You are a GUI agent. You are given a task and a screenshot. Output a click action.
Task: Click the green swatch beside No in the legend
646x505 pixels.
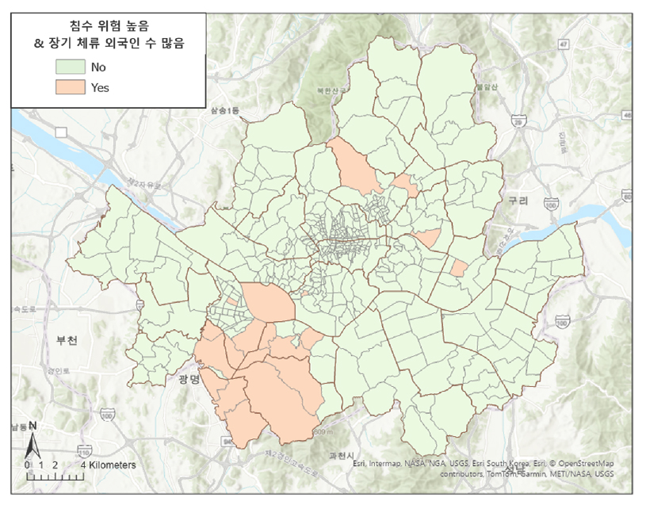click(72, 67)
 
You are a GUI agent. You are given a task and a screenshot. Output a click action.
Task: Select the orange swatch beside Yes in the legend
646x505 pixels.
click(72, 87)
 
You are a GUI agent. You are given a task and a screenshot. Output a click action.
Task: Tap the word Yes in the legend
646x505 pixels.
click(100, 87)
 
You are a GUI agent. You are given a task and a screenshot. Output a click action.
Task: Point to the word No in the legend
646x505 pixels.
click(98, 67)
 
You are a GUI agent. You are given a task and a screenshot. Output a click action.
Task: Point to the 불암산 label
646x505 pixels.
click(486, 86)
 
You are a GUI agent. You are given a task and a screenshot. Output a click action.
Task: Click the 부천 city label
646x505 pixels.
click(67, 340)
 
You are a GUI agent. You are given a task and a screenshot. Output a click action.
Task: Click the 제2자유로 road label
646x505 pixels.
click(147, 185)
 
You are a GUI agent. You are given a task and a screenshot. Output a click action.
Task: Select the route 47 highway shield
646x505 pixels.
click(564, 44)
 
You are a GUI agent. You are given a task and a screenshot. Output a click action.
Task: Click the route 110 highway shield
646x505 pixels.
click(562, 321)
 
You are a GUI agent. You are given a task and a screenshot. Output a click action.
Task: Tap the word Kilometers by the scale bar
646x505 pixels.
click(111, 465)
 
